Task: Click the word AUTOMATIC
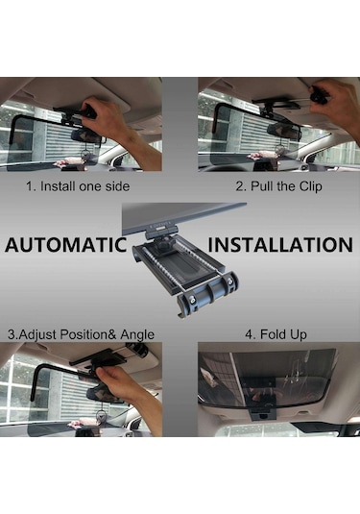pos(66,245)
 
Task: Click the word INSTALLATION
pos(280,245)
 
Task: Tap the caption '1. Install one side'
pos(78,186)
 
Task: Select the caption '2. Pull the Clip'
pos(278,186)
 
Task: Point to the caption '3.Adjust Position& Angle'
pos(81,334)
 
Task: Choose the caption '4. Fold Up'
pos(276,334)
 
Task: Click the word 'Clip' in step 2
pos(310,186)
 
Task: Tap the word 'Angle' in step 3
pos(137,335)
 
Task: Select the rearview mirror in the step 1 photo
pos(85,135)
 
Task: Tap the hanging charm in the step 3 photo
pos(101,416)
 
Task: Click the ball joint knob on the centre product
pos(163,244)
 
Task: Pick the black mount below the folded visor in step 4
pos(262,414)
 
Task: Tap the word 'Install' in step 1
pos(58,186)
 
